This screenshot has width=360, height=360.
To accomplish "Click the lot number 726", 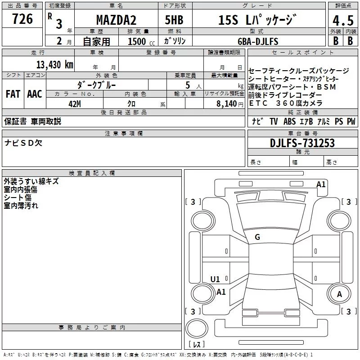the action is coord(22,19).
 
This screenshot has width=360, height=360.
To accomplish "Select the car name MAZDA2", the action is coord(116,20).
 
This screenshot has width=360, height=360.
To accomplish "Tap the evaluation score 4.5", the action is coord(343,21).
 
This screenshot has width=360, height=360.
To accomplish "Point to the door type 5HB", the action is coord(174,20).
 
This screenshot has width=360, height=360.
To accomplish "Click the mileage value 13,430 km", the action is coord(54,64).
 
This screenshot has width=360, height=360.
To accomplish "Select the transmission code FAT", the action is coord(13,94).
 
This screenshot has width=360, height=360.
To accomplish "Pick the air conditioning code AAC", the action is coord(35,94).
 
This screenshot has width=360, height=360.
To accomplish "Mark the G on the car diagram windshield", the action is coord(257,237).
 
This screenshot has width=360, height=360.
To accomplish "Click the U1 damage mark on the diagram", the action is coord(215,279).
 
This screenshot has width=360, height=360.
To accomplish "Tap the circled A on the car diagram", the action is coord(340,294).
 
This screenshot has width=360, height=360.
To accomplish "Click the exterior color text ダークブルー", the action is coord(97,84).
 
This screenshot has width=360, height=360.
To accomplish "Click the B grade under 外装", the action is coord(335,41).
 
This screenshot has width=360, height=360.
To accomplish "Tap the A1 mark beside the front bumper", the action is coord(321,184).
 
